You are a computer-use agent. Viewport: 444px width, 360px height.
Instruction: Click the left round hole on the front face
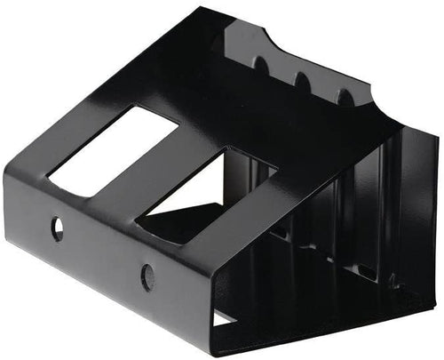[x=58, y=229]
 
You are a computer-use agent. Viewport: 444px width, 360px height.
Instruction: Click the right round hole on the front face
[x=147, y=276]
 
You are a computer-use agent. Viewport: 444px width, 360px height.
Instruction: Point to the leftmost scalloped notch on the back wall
[x=260, y=65]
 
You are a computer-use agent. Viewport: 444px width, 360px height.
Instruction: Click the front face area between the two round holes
[x=102, y=252]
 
